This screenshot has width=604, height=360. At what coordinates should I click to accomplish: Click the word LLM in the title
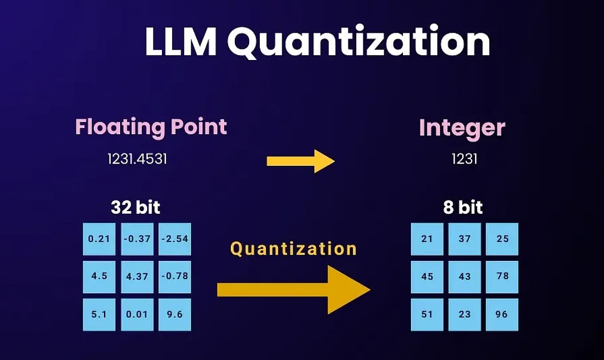181,41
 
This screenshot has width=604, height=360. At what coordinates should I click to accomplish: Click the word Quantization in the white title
358,42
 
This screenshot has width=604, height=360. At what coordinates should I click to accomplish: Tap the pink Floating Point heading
151,127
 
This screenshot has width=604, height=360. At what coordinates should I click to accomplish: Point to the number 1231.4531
137,159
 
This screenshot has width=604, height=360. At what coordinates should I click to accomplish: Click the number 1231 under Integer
464,159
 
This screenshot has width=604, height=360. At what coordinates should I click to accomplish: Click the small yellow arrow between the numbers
301,161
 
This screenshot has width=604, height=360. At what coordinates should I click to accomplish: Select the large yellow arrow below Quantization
294,290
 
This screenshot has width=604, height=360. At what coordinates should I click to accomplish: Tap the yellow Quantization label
294,248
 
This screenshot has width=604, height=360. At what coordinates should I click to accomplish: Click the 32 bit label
135,207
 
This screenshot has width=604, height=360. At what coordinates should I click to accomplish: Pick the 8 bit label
463,207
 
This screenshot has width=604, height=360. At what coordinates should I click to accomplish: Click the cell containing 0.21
99,239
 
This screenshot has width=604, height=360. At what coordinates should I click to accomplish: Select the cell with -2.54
175,239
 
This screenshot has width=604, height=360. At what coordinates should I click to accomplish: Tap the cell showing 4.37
137,277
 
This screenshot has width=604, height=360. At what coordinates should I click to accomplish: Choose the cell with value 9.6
175,315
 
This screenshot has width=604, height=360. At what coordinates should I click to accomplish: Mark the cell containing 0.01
137,315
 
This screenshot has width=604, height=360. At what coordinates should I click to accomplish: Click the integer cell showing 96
502,315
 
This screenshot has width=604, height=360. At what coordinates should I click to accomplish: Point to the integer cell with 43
465,277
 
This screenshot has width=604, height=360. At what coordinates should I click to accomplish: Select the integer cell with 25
502,239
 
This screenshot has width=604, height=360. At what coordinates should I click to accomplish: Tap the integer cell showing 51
427,315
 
